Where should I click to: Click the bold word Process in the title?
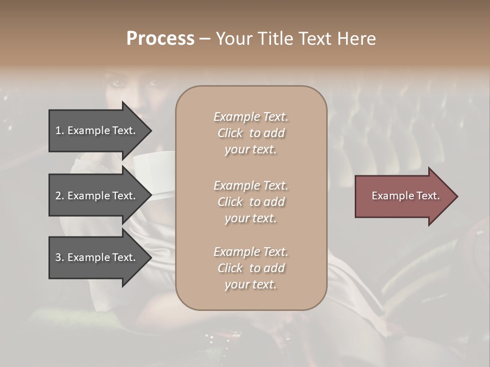pos(160,39)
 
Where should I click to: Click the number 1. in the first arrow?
pos(60,130)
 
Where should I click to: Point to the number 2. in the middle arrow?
pos(60,196)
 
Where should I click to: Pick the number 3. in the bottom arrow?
pos(60,257)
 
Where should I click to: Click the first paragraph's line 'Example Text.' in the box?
pos(251,117)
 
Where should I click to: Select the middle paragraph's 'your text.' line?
pos(251,218)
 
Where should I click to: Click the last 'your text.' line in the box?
pos(251,284)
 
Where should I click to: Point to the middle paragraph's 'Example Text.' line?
pos(251,186)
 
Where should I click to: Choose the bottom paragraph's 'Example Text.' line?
pos(251,252)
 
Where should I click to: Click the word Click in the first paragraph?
pos(230,133)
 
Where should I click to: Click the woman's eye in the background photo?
pos(118,83)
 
